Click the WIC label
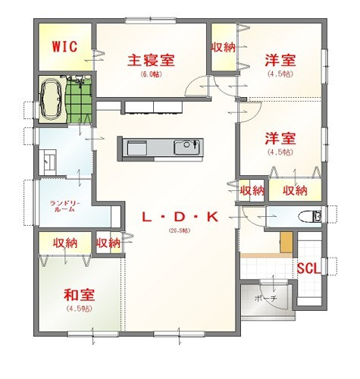[x=64, y=46]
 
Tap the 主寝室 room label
[x=151, y=59]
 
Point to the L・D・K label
[x=180, y=218]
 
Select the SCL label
[x=307, y=268]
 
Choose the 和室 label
[x=78, y=296]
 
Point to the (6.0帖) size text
[x=151, y=74]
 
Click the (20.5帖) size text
[x=180, y=232]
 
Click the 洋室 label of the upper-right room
[x=280, y=59]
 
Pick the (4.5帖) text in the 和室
[x=78, y=309]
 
